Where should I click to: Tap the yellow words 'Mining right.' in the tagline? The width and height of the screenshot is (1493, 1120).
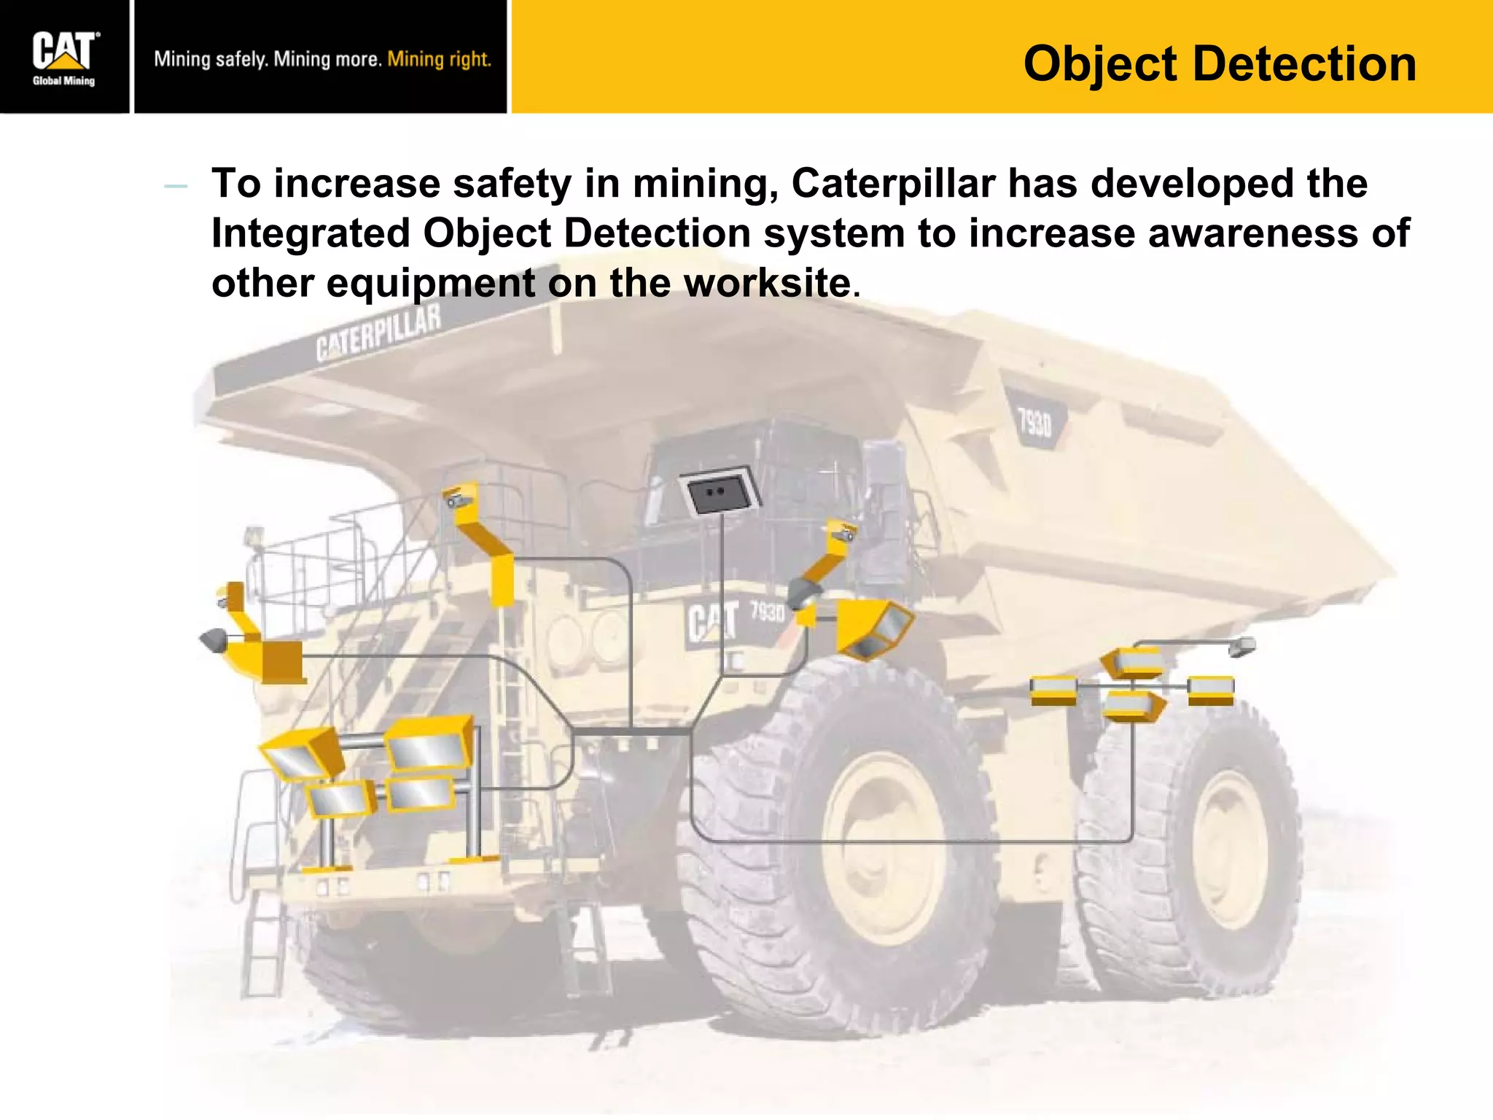439,59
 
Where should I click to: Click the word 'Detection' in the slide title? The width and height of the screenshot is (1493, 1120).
1305,64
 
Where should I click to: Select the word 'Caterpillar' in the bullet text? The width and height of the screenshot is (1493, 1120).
893,183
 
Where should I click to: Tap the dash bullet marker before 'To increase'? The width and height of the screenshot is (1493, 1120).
176,187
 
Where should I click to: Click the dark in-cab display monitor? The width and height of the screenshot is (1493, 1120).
719,492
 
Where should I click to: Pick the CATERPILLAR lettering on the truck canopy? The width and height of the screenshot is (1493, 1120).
378,333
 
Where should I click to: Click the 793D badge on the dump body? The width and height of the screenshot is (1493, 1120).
1035,421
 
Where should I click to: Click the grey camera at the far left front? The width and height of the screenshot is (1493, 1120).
213,639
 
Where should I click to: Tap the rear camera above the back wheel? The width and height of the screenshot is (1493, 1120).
1242,645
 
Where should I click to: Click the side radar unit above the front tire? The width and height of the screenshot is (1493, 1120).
873,627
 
